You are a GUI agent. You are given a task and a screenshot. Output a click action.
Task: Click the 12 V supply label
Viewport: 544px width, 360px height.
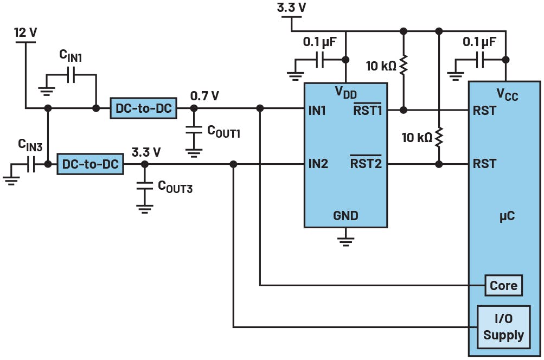[25, 33]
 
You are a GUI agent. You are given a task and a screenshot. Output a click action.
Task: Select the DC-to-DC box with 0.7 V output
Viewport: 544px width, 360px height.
[143, 108]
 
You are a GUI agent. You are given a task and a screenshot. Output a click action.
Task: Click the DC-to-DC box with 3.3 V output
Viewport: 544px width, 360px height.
[91, 164]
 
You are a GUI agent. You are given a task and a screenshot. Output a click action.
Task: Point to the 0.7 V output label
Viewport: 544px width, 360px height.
[204, 96]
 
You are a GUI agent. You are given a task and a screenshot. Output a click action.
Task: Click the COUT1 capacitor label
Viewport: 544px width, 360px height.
[223, 131]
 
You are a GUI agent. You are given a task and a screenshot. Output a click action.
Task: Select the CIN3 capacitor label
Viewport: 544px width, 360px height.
[30, 145]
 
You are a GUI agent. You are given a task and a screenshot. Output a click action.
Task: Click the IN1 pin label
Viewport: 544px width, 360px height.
[317, 110]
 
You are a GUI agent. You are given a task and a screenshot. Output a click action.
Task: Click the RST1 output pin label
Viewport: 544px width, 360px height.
[367, 111]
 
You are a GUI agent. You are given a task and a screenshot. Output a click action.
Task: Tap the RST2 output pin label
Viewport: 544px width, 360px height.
[366, 163]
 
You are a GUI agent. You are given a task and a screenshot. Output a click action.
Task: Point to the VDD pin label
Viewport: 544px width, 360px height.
[345, 92]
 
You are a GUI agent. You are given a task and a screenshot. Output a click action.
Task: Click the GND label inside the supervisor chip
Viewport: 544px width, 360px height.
[345, 216]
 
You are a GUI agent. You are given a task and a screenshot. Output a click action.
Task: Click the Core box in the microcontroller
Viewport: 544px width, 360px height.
[503, 285]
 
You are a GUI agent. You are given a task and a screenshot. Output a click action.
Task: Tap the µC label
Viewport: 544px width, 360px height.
[507, 216]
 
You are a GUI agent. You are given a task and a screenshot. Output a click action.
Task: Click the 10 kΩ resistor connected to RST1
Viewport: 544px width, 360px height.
[403, 66]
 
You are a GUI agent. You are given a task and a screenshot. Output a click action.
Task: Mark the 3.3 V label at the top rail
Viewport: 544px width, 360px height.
[291, 8]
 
